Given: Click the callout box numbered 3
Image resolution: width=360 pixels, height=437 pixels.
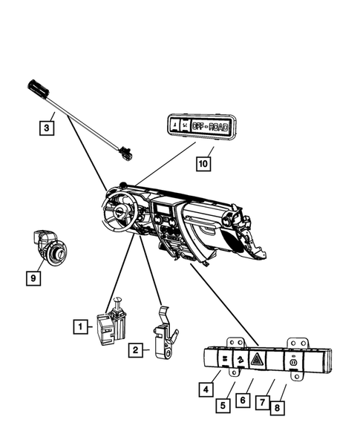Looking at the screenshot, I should coord(46,128).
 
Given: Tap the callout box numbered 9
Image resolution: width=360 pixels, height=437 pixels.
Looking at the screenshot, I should coord(32,277).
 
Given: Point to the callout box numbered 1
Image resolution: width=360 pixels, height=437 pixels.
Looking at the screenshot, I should coord(78,325).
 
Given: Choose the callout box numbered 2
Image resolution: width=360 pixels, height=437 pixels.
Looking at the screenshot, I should coord(135,349).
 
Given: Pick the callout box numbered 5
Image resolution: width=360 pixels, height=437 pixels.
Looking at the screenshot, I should coord(222,405).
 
